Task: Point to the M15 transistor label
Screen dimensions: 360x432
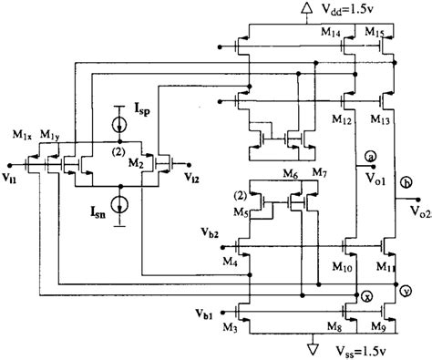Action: point(376,31)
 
